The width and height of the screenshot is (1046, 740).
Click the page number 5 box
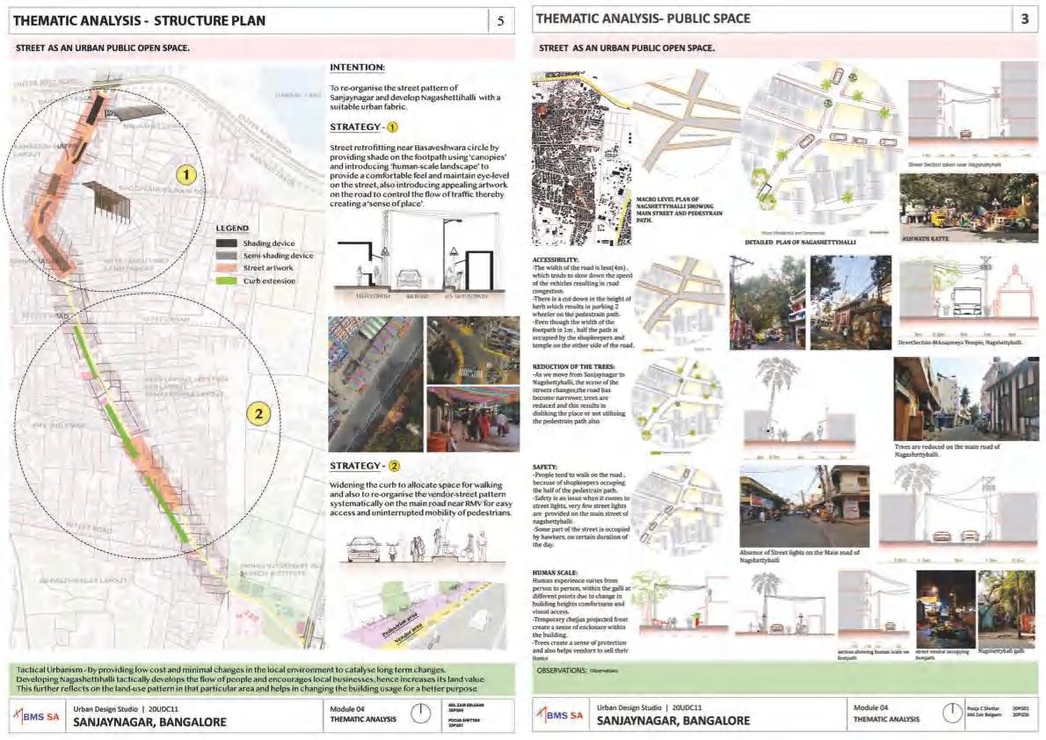[x=501, y=21]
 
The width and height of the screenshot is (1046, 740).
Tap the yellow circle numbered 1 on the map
[x=185, y=175]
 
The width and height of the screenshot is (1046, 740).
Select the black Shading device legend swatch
[x=229, y=243]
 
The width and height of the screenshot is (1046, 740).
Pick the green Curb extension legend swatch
[x=229, y=280]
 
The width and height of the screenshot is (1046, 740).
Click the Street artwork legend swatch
[x=229, y=268]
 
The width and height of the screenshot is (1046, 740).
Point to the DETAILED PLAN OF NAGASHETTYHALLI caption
[x=801, y=240]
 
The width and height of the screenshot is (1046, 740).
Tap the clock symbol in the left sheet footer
[x=421, y=713]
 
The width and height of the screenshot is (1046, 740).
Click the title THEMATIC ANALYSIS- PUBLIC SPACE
[x=643, y=18]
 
